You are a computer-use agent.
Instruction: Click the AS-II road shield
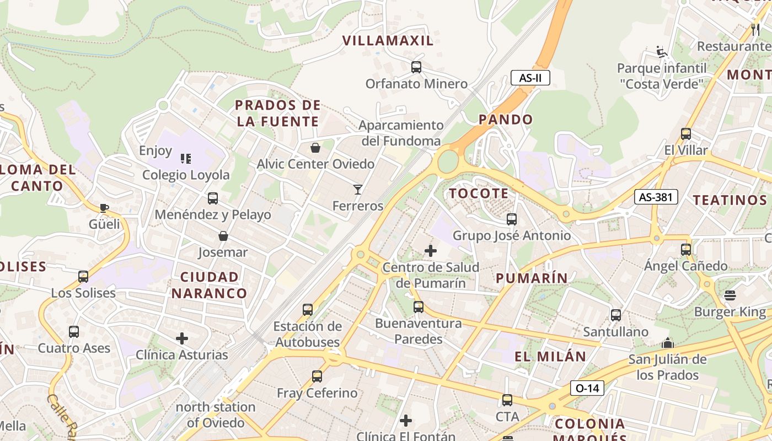pyautogui.click(x=530, y=78)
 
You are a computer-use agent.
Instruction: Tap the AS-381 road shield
pyautogui.click(x=656, y=197)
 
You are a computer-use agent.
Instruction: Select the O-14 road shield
pyautogui.click(x=587, y=388)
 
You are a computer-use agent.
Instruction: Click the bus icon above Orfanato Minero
pyautogui.click(x=416, y=67)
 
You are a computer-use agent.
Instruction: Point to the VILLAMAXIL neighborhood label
pyautogui.click(x=388, y=40)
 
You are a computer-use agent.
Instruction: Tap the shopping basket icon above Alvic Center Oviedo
pyautogui.click(x=315, y=147)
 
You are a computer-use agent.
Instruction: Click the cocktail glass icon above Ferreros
pyautogui.click(x=358, y=190)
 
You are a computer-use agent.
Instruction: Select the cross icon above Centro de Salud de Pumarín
pyautogui.click(x=431, y=251)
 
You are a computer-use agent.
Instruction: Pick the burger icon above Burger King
pyautogui.click(x=730, y=295)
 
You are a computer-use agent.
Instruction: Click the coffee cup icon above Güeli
pyautogui.click(x=104, y=208)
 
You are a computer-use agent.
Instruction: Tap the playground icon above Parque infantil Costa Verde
pyautogui.click(x=662, y=52)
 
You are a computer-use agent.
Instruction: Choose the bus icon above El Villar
pyautogui.click(x=686, y=133)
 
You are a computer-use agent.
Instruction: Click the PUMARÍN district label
pyautogui.click(x=532, y=278)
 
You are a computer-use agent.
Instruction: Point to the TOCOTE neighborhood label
pyautogui.click(x=479, y=193)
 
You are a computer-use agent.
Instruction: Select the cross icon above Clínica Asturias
pyautogui.click(x=182, y=338)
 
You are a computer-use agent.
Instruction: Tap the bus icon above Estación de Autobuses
pyautogui.click(x=308, y=310)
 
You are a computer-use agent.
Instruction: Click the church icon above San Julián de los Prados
pyautogui.click(x=668, y=343)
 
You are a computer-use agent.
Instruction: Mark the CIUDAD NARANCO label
pyautogui.click(x=210, y=285)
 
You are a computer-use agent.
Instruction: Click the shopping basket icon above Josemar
pyautogui.click(x=223, y=236)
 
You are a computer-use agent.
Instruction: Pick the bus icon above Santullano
pyautogui.click(x=615, y=315)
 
